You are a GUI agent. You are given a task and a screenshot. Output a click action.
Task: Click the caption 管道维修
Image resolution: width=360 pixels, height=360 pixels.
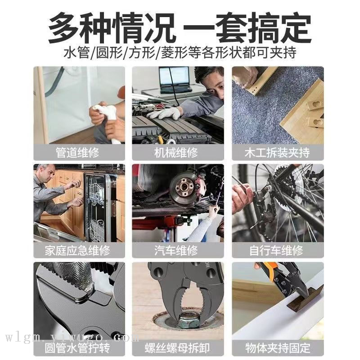pyautogui.click(x=77, y=153)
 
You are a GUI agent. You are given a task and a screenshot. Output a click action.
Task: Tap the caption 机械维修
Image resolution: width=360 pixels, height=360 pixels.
pyautogui.click(x=176, y=153)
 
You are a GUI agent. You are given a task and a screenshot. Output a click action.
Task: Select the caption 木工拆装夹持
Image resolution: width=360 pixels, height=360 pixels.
pyautogui.click(x=277, y=153)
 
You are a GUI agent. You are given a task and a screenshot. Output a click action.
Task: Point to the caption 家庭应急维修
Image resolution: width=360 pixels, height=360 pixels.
pyautogui.click(x=77, y=250)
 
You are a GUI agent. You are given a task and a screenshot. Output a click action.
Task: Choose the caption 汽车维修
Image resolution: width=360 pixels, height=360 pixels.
pyautogui.click(x=176, y=250)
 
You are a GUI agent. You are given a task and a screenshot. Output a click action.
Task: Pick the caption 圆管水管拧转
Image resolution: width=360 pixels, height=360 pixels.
pyautogui.click(x=77, y=348)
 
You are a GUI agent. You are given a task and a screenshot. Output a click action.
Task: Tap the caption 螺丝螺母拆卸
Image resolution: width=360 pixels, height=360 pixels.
pyautogui.click(x=177, y=348)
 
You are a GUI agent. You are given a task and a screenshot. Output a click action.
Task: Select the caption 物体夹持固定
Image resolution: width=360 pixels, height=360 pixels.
pyautogui.click(x=278, y=348)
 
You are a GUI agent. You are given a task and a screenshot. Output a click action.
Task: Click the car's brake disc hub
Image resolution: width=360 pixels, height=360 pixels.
pyautogui.click(x=184, y=188)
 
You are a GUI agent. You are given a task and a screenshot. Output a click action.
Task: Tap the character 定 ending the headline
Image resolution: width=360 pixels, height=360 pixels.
pyautogui.click(x=296, y=28)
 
